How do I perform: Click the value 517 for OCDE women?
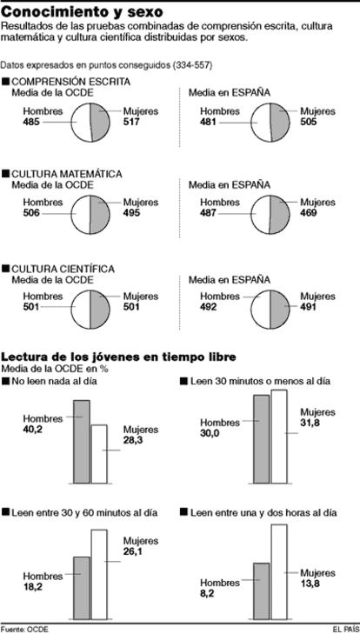[x=132, y=121]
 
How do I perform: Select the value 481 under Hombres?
[x=209, y=121]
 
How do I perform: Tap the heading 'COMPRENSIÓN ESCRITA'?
[x=71, y=82]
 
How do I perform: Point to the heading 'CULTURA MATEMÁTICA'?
[x=67, y=174]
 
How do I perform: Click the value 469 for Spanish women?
[x=309, y=213]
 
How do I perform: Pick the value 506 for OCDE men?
[x=31, y=213]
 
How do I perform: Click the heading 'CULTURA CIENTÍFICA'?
[x=63, y=269]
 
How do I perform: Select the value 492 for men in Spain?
[x=209, y=307]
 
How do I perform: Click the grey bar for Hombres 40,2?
[x=82, y=442]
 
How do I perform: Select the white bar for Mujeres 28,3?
[x=99, y=454]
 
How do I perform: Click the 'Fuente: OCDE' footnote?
[x=24, y=629]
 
